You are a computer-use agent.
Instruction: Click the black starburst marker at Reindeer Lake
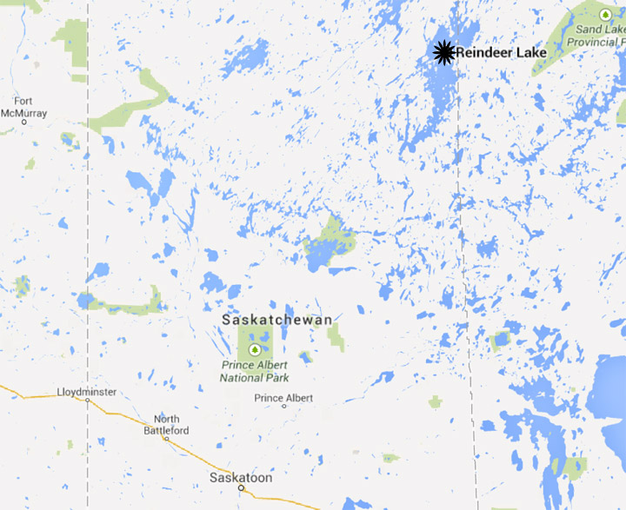(x=444, y=52)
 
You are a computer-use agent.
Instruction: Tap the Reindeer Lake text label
(x=502, y=53)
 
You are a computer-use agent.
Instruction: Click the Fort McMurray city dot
(x=24, y=122)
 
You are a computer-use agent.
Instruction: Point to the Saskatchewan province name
(x=276, y=320)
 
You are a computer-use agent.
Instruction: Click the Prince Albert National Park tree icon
(x=255, y=349)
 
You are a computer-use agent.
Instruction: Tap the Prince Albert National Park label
(x=255, y=371)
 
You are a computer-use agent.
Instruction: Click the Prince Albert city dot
(x=283, y=406)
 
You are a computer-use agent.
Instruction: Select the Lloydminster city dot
(x=88, y=401)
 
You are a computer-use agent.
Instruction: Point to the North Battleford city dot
(x=166, y=439)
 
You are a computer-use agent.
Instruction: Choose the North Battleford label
(x=166, y=424)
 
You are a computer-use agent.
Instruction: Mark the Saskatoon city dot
(x=241, y=488)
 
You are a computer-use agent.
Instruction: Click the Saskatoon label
(x=241, y=478)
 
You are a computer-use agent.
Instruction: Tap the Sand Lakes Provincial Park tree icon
(x=605, y=13)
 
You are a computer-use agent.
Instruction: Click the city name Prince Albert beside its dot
(x=283, y=398)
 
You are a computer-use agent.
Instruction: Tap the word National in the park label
(x=242, y=378)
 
